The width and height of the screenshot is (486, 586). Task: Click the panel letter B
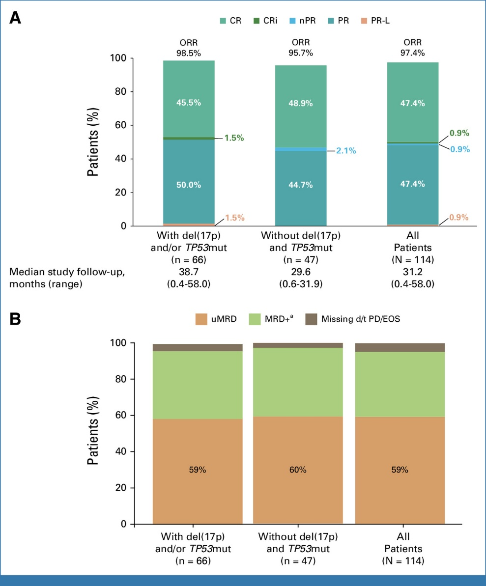[x=16, y=320]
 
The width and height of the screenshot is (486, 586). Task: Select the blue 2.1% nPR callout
[x=346, y=151]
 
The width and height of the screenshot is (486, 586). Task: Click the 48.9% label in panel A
[x=301, y=104]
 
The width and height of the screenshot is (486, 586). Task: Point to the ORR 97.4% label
[x=413, y=47]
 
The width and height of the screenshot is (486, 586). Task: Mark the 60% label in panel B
[x=298, y=470]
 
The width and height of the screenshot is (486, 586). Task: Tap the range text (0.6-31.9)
[x=301, y=284]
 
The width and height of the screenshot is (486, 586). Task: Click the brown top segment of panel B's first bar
[x=198, y=347]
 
